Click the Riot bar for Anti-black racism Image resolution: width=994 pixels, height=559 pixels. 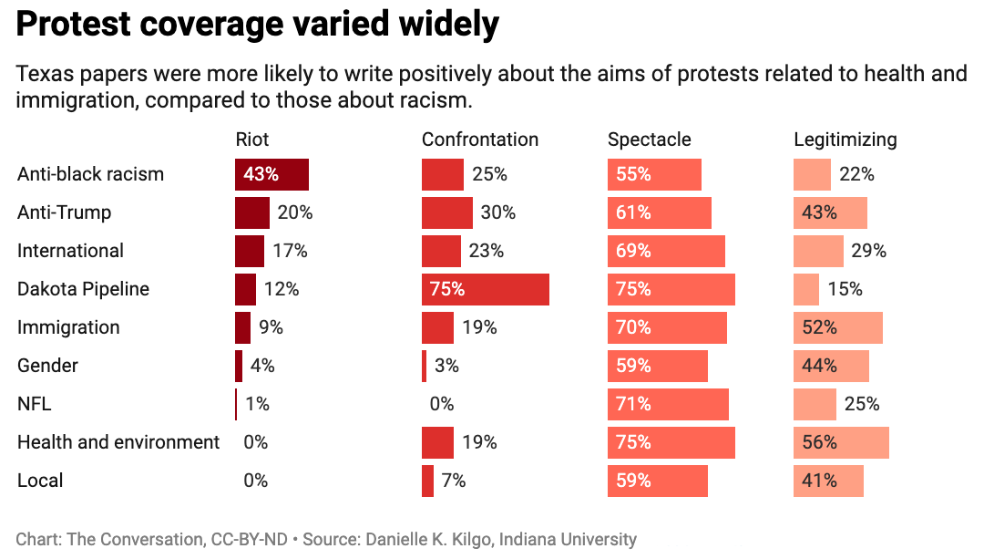(272, 174)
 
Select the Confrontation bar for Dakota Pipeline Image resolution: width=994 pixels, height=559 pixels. (485, 289)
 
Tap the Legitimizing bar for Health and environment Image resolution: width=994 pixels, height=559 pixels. (841, 442)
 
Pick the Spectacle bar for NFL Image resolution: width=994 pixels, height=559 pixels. (668, 404)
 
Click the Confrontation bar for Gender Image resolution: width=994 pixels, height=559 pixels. (424, 366)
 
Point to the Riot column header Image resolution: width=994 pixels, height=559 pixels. (252, 140)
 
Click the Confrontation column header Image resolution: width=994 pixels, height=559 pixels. (480, 140)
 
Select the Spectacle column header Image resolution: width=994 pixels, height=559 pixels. (650, 140)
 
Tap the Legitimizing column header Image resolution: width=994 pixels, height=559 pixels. (845, 140)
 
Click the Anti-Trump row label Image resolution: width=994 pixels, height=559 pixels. (64, 212)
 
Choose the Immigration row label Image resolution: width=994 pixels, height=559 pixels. (68, 327)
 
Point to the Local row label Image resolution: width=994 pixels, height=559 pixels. (40, 481)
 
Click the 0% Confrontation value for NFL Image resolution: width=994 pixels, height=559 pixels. (442, 404)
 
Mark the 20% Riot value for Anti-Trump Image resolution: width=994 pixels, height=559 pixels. (295, 212)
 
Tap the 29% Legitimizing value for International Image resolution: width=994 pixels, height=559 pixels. (869, 251)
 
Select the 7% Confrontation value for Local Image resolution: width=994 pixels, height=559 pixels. (454, 481)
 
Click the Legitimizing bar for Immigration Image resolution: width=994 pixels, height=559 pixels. (838, 327)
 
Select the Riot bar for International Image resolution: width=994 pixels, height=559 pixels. (250, 251)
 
